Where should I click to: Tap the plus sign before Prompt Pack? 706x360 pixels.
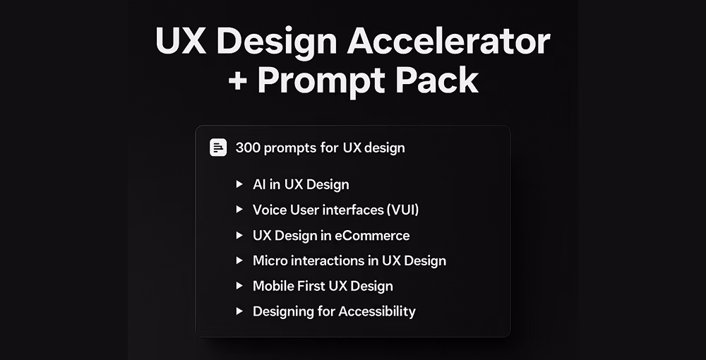241,80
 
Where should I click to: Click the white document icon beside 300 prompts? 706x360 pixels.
219,148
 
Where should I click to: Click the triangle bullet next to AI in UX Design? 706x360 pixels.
239,184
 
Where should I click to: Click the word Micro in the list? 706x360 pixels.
270,260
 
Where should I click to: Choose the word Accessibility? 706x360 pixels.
377,311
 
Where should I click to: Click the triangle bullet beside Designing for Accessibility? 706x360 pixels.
239,311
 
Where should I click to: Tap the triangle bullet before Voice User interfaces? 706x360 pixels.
239,210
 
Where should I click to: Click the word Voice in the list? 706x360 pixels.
270,210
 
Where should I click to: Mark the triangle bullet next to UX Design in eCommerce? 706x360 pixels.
239,235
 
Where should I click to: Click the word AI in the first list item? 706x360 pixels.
260,184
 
